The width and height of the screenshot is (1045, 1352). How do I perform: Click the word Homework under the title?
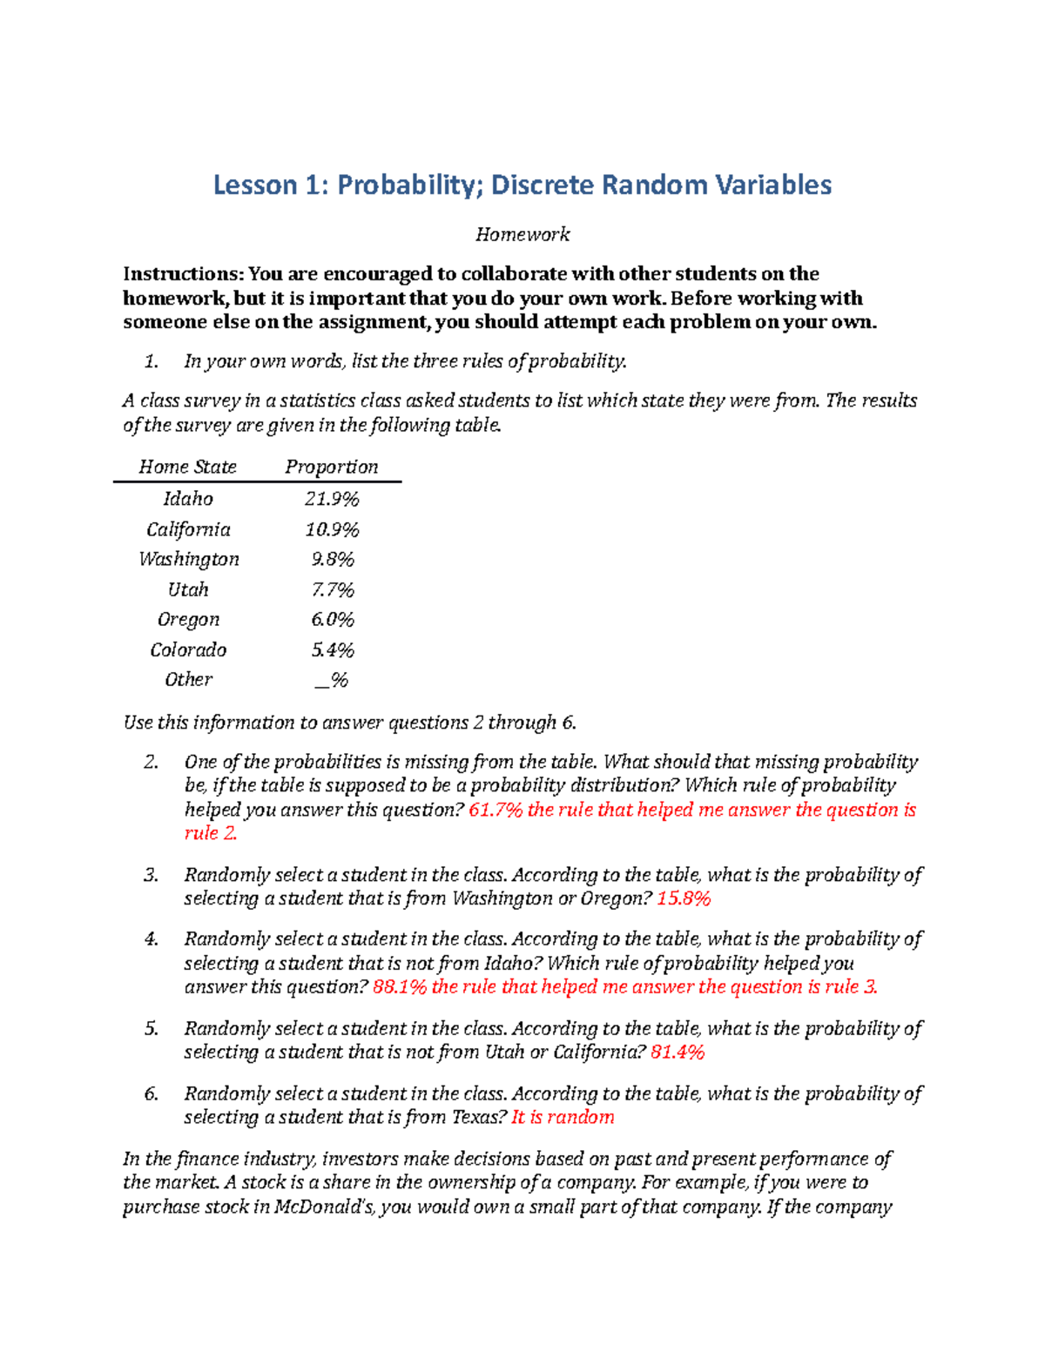[x=522, y=234]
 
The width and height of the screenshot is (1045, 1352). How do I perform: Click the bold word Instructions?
[x=183, y=274]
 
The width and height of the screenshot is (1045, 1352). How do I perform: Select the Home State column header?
[x=187, y=467]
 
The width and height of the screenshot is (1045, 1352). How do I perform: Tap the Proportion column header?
[x=332, y=467]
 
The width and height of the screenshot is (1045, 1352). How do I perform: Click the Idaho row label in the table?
[x=188, y=499]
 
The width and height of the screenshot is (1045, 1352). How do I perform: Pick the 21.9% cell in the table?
[x=332, y=499]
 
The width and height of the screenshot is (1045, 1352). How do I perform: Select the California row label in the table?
[x=188, y=529]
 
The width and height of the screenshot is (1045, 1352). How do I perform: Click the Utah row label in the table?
[x=188, y=589]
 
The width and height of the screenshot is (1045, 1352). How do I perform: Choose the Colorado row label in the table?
[x=188, y=650]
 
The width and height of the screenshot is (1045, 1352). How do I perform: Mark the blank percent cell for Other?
[x=332, y=680]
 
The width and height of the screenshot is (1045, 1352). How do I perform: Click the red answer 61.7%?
[x=496, y=810]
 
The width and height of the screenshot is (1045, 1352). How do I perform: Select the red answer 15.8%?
[x=684, y=898]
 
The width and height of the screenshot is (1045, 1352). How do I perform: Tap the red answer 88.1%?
[x=400, y=986]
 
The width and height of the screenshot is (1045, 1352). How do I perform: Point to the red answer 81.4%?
[x=678, y=1052]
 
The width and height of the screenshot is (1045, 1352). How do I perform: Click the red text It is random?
[x=563, y=1117]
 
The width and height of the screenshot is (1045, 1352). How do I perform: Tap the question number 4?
[x=152, y=939]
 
